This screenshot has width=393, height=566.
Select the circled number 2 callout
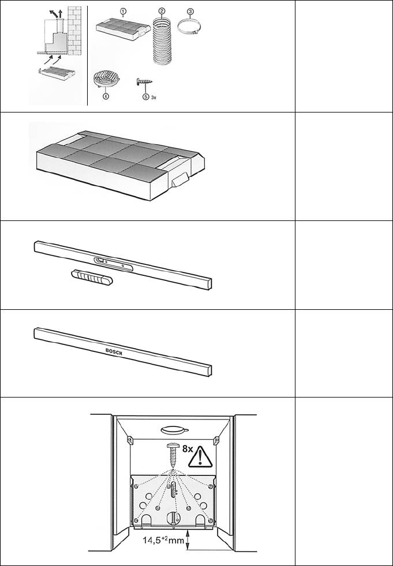(x=162, y=11)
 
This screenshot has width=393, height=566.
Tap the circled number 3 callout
(x=190, y=11)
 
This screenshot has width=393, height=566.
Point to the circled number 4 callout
(x=105, y=97)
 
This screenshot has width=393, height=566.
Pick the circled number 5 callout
(x=146, y=97)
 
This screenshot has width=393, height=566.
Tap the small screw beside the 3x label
(x=144, y=83)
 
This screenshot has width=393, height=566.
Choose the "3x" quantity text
(x=154, y=98)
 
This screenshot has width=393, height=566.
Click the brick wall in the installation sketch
(x=74, y=31)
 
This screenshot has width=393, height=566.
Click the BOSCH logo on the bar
(x=114, y=351)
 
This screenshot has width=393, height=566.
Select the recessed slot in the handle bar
(x=113, y=264)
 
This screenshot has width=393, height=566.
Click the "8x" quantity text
(x=187, y=449)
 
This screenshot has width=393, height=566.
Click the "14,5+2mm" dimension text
(x=163, y=541)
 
